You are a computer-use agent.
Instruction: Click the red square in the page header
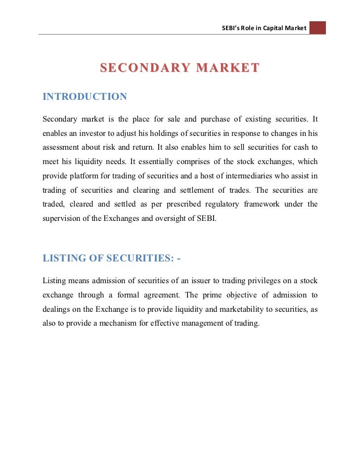[318, 28]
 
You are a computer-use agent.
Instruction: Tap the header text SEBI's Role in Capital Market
[265, 28]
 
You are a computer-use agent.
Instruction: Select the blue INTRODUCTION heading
[85, 96]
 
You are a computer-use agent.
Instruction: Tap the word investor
[90, 133]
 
